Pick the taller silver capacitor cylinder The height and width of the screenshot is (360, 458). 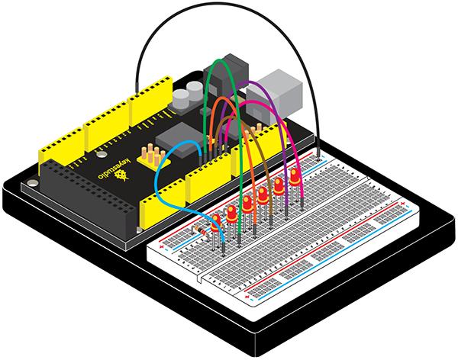coord(182,96)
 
